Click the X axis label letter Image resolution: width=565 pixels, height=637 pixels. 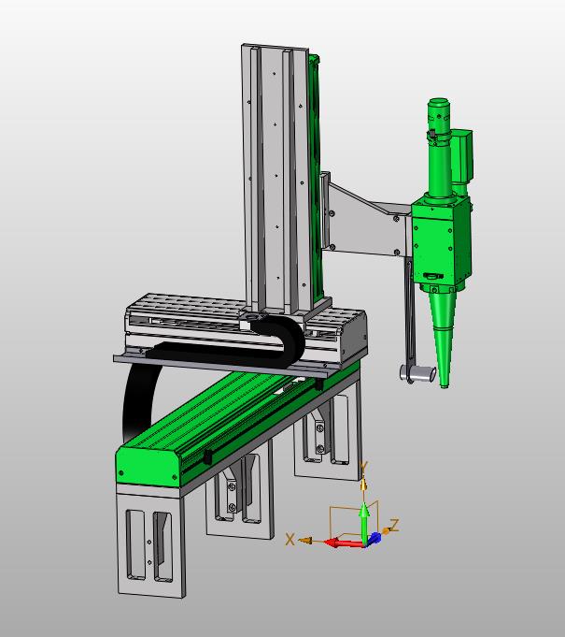click(x=290, y=540)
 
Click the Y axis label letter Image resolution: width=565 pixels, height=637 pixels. click(x=364, y=468)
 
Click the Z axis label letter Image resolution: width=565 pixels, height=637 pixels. click(x=394, y=525)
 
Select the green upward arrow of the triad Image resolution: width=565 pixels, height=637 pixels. click(x=364, y=522)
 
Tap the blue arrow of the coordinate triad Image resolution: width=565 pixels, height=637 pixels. click(x=374, y=538)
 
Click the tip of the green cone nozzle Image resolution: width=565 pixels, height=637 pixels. click(x=445, y=386)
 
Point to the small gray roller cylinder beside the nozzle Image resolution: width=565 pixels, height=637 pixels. click(x=417, y=373)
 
